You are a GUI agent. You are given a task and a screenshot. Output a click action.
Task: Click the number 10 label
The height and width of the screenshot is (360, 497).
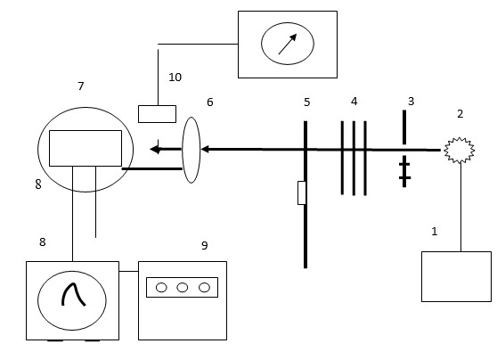pos(175,77)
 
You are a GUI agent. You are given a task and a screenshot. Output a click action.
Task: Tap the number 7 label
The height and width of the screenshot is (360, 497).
pos(81,86)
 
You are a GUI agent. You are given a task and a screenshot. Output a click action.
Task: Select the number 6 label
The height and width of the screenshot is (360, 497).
pos(210,102)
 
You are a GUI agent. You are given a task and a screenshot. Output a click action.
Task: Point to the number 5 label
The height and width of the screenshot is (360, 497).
pos(306,102)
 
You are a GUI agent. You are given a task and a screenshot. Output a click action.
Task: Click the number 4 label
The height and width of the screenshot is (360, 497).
pos(354,102)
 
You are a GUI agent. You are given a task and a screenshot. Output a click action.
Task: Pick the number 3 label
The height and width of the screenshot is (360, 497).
pos(411,102)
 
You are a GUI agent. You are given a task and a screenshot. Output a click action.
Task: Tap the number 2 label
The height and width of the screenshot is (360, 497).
pos(460,113)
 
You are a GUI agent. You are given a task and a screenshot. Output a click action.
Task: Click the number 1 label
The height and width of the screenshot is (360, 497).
pos(435,231)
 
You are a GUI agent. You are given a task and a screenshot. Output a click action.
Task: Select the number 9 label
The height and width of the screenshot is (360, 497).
pos(205,245)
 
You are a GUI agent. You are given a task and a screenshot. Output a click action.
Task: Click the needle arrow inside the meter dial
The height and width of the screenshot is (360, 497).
pos(288,44)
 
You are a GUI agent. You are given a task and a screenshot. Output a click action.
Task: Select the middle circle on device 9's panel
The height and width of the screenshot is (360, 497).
pos(183,287)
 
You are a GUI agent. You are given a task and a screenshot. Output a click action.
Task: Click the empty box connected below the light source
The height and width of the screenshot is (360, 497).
pos(456,276)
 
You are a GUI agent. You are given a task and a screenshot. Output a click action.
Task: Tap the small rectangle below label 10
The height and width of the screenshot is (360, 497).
pos(158,114)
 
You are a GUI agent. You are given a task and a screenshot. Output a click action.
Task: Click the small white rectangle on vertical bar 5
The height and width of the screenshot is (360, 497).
pos(302,192)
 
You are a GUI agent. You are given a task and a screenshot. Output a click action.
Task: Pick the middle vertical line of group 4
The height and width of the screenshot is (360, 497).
pos(354,158)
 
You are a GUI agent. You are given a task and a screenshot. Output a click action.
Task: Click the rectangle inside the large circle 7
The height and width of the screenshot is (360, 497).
pos(86,148)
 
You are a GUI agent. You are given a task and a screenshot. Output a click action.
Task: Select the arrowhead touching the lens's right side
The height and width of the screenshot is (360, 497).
pos(205,149)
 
